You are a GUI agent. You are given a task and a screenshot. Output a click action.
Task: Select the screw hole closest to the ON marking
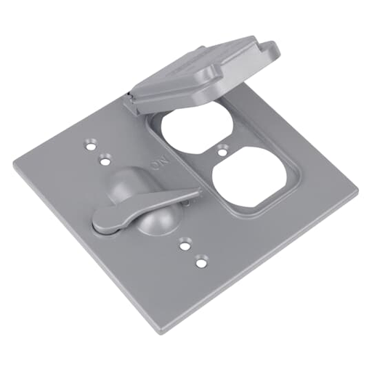click(106, 155)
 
